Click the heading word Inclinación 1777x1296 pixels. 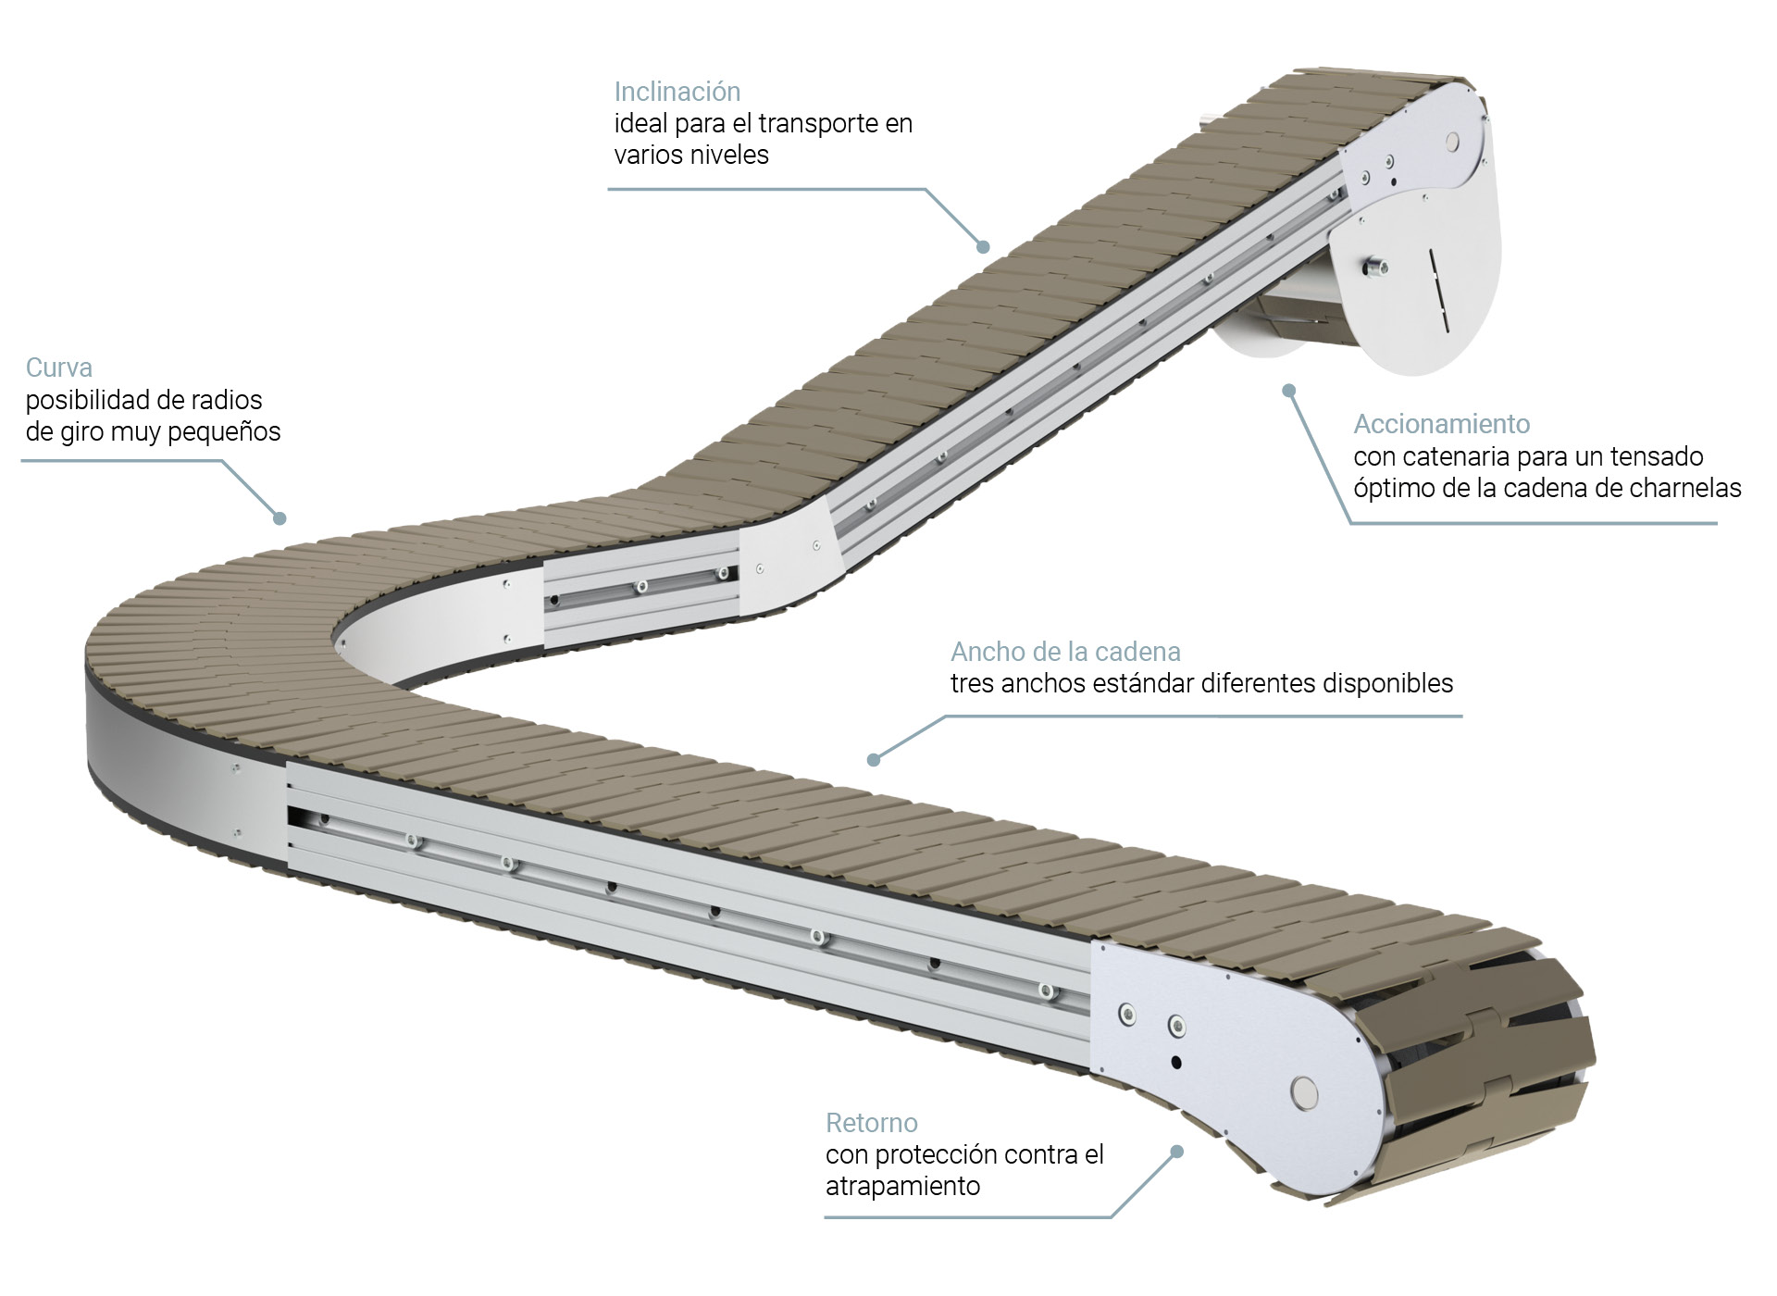pos(677,92)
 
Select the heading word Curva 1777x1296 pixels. pos(59,368)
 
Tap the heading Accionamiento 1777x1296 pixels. pos(1441,424)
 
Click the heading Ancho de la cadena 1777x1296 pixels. pos(1065,652)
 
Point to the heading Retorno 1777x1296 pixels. pos(871,1123)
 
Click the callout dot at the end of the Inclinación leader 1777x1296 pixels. pos(983,246)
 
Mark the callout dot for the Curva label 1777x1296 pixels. pos(280,518)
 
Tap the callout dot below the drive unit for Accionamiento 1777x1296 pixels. pos(1288,391)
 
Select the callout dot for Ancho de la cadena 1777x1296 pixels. pos(873,760)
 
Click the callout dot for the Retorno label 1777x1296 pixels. pos(1177,1152)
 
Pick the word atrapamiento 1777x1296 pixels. pos(902,1186)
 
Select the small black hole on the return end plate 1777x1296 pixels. pos(1175,1062)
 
